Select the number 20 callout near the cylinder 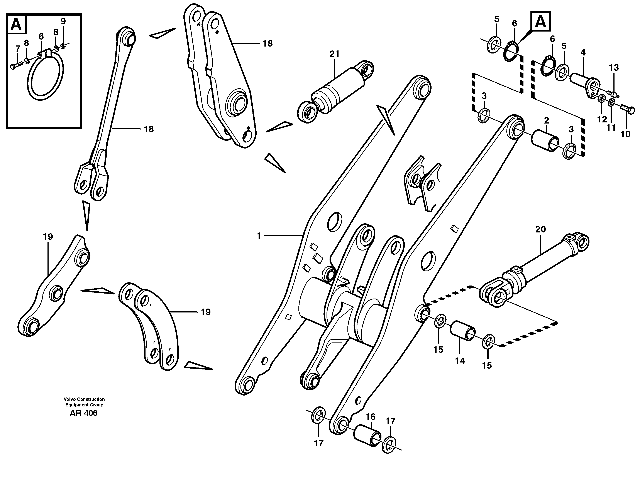(540, 230)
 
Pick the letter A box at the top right (540, 21)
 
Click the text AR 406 (84, 413)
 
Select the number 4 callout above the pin (583, 53)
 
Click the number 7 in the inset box (18, 48)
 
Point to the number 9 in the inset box (63, 21)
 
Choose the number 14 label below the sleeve (460, 361)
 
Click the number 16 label (370, 417)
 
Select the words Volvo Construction (84, 399)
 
